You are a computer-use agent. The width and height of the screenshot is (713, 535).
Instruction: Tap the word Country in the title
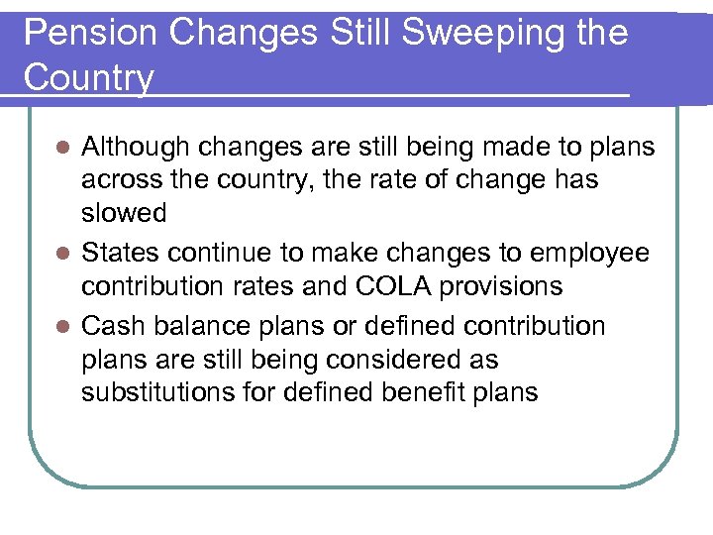[88, 78]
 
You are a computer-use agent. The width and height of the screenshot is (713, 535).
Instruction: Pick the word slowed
[124, 214]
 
